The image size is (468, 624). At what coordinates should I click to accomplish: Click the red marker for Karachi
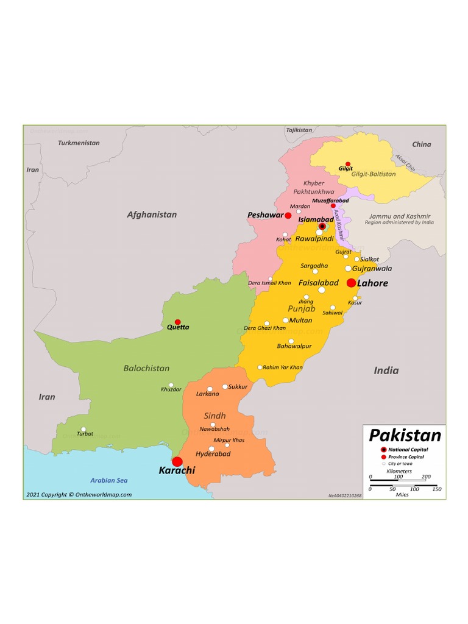(x=177, y=462)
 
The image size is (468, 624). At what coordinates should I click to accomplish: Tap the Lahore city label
(x=372, y=283)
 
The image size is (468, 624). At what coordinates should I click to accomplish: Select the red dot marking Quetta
(x=178, y=322)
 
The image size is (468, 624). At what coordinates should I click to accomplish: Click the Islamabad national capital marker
(x=322, y=226)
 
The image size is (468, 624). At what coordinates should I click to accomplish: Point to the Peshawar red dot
(x=288, y=215)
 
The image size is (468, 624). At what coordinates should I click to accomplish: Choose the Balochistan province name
(x=146, y=368)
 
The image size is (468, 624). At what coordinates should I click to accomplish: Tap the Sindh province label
(x=214, y=416)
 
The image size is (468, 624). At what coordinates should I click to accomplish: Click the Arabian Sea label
(x=108, y=480)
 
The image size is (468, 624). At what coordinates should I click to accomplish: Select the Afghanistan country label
(x=152, y=214)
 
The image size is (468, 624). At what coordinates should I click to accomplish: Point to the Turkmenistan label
(x=79, y=143)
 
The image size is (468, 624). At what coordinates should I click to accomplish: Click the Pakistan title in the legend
(x=405, y=435)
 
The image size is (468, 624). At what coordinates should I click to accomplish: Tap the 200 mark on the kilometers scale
(x=426, y=477)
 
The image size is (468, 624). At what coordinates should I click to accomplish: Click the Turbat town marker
(x=83, y=429)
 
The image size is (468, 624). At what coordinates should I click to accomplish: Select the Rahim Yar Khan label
(x=283, y=367)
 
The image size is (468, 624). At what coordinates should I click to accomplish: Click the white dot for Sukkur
(x=225, y=386)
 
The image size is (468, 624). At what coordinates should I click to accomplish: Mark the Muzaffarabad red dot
(x=333, y=206)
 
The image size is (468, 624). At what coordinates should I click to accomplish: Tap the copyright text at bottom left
(x=79, y=495)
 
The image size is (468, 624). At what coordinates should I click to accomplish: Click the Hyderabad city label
(x=213, y=454)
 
